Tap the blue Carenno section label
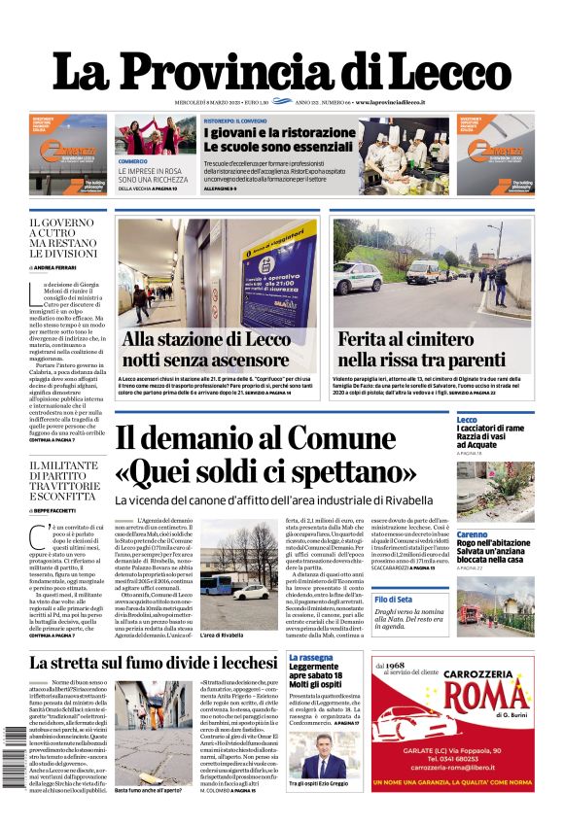[x=473, y=534]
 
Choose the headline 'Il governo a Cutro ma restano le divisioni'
[x=67, y=238]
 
